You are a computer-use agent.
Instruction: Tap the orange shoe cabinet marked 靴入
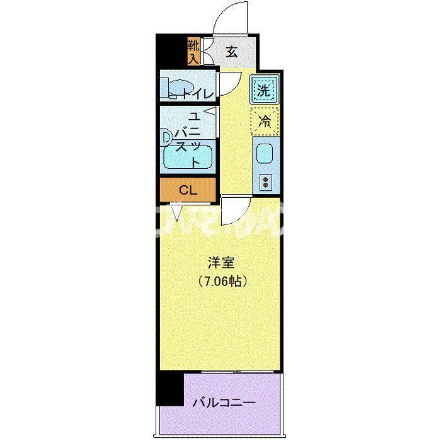coord(193,52)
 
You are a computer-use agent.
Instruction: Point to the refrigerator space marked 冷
coord(265,121)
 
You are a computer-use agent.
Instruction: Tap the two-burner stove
coord(265,183)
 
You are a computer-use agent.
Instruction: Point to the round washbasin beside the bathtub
coord(166,135)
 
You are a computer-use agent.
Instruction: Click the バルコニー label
coord(224,401)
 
